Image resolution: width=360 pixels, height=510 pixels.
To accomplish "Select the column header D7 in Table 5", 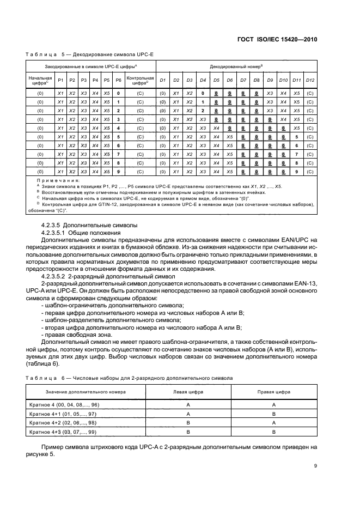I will tap(243, 81).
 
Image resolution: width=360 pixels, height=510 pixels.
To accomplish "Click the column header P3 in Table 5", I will tap(84, 81).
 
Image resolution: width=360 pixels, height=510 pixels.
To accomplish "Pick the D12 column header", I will tap(310, 81).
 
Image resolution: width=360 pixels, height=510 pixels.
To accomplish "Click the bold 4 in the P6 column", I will tap(118, 127).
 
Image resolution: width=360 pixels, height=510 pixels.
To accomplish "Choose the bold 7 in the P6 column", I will tap(118, 154).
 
